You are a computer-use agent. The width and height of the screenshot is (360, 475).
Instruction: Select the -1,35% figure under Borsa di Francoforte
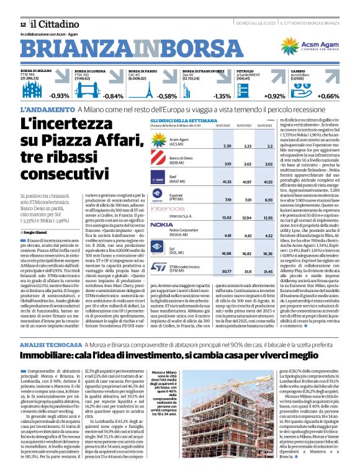tap(222, 96)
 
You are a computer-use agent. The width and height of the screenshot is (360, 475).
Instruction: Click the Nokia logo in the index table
tap(145, 224)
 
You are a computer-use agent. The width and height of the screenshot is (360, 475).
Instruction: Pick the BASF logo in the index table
tap(143, 180)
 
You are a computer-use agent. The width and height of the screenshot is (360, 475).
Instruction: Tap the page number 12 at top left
tap(22, 24)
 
